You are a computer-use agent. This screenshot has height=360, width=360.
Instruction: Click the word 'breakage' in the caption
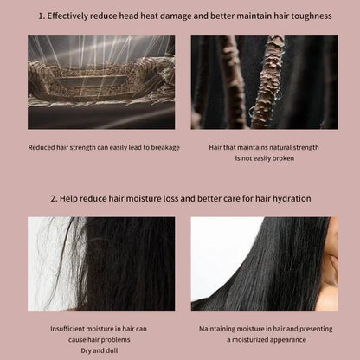tap(164, 147)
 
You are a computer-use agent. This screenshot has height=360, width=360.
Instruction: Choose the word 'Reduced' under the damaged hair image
tap(42, 147)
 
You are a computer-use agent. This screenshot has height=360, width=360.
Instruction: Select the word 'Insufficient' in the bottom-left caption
tap(73, 329)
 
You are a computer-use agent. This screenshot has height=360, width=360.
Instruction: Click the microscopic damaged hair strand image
tap(101, 82)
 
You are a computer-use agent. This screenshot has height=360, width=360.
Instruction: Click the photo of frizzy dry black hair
tap(101, 263)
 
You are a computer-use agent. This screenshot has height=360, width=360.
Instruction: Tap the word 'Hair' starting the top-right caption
tap(217, 147)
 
